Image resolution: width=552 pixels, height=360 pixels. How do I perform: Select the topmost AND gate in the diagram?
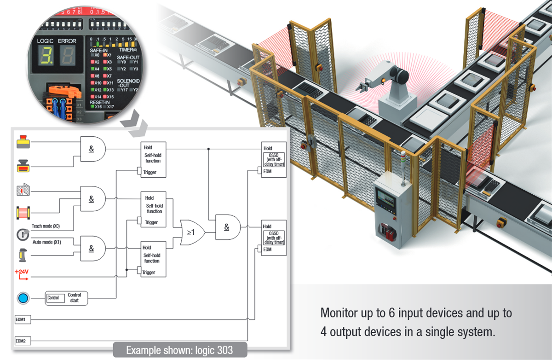[x=92, y=148]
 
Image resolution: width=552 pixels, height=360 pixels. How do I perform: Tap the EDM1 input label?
[x=20, y=319]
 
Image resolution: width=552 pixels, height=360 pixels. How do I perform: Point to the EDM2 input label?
[x=20, y=341]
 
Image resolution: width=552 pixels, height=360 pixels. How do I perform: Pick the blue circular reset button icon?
[x=22, y=298]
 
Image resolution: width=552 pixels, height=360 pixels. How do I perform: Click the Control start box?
[x=66, y=298]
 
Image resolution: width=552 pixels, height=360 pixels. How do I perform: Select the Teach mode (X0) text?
[x=46, y=226]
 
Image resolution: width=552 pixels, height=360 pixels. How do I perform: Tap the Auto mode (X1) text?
[x=46, y=242]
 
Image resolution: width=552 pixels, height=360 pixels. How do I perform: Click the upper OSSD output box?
[x=274, y=158]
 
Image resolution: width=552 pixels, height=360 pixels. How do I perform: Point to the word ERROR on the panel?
[x=68, y=41]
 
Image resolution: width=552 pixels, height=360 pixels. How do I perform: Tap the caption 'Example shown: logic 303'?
[x=179, y=350]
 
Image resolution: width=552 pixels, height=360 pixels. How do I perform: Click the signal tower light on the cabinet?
[x=403, y=160]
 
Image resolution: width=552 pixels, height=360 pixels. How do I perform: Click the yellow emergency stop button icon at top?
[x=22, y=142]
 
